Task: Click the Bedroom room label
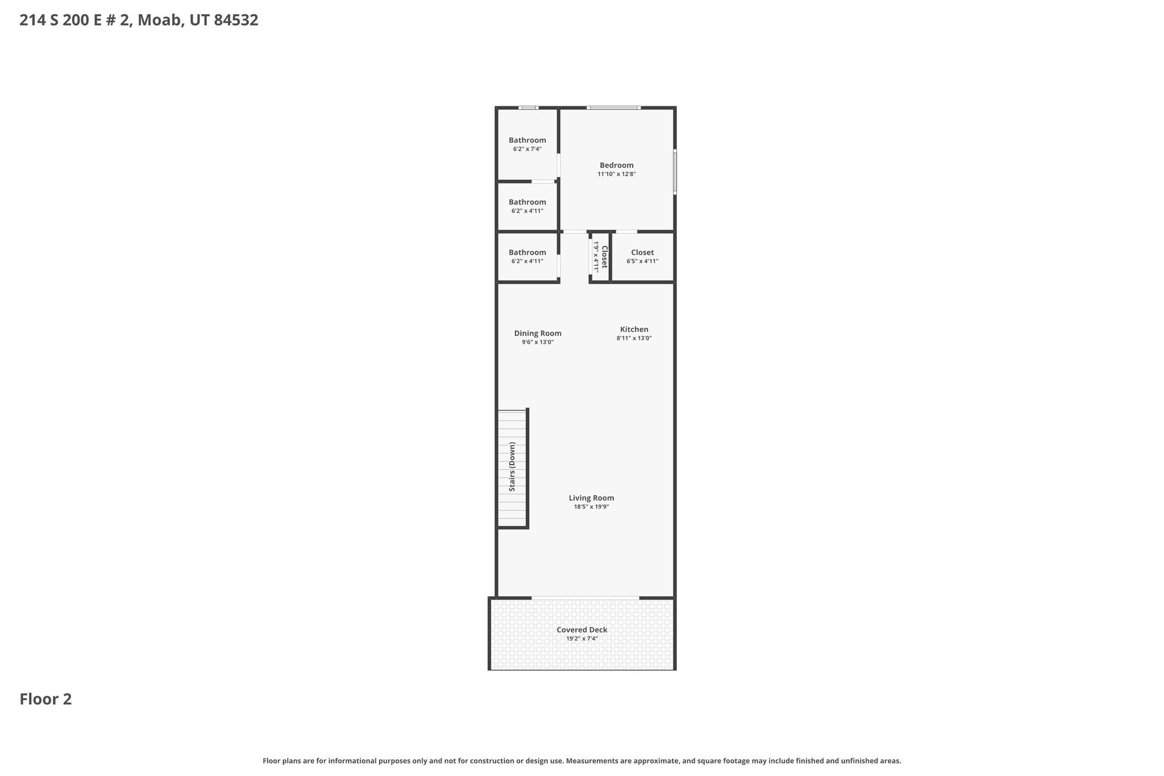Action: pyautogui.click(x=616, y=165)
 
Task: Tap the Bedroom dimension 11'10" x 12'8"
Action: pyautogui.click(x=616, y=175)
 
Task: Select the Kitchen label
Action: pyautogui.click(x=634, y=330)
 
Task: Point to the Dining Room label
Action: pyautogui.click(x=538, y=334)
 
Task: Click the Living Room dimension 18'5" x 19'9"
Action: pyautogui.click(x=591, y=507)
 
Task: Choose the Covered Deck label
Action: pyautogui.click(x=581, y=630)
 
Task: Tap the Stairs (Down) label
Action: pyautogui.click(x=512, y=467)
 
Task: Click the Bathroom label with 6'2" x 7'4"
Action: pyautogui.click(x=527, y=140)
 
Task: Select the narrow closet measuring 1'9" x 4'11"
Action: pyautogui.click(x=601, y=257)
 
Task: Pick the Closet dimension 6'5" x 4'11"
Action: pyautogui.click(x=642, y=262)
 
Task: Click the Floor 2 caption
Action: pyautogui.click(x=45, y=699)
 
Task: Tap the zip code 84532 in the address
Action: pyautogui.click(x=236, y=20)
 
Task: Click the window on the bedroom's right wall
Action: pyautogui.click(x=675, y=172)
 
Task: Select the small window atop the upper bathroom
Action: pyautogui.click(x=528, y=107)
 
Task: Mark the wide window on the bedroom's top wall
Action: pyautogui.click(x=613, y=107)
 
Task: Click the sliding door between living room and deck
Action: pyautogui.click(x=585, y=597)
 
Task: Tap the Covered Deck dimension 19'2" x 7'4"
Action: pyautogui.click(x=581, y=639)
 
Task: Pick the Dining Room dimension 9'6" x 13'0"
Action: pyautogui.click(x=538, y=343)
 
